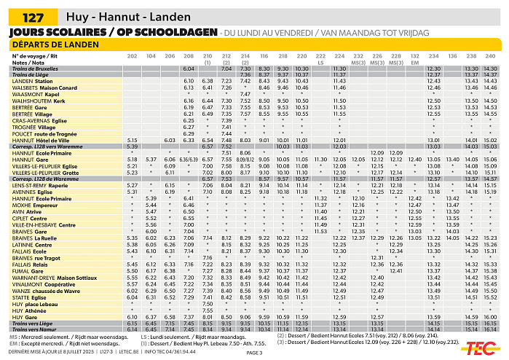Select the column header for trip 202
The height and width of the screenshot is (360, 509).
click(132, 55)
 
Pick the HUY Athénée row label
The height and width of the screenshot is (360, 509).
click(29, 310)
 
